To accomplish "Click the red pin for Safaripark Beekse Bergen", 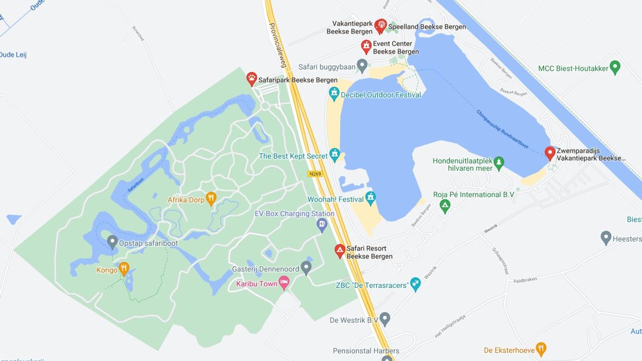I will pyautogui.click(x=252, y=78).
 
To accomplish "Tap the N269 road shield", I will pyautogui.click(x=315, y=174).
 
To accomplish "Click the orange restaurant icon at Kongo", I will pyautogui.click(x=124, y=269).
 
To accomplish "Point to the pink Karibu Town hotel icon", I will pyautogui.click(x=284, y=283).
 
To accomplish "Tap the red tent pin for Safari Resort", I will pyautogui.click(x=340, y=250).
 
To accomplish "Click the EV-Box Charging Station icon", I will pyautogui.click(x=322, y=225).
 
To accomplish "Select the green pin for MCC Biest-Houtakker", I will pyautogui.click(x=615, y=67).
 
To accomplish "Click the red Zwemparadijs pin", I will pyautogui.click(x=550, y=153).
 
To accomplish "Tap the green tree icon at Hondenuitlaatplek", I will pyautogui.click(x=499, y=162).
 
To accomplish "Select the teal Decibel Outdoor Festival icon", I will pyautogui.click(x=334, y=93).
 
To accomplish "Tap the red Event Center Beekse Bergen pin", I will pyautogui.click(x=366, y=47).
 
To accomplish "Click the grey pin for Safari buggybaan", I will pyautogui.click(x=362, y=66).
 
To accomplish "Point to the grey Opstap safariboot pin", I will pyautogui.click(x=112, y=242).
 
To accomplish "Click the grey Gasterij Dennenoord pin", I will pyautogui.click(x=306, y=267).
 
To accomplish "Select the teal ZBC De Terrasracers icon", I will pyautogui.click(x=415, y=284).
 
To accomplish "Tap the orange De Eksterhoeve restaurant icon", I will pyautogui.click(x=541, y=348).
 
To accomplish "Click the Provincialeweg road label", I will pyautogui.click(x=278, y=45).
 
